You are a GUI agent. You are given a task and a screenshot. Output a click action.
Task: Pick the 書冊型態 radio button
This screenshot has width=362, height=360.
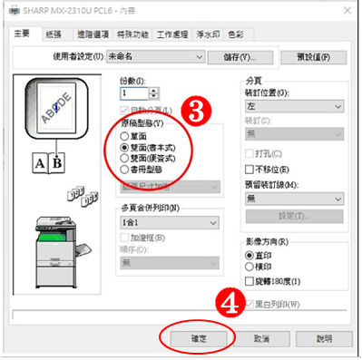124,170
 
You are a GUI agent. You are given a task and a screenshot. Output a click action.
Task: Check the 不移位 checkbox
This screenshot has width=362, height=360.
250,169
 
